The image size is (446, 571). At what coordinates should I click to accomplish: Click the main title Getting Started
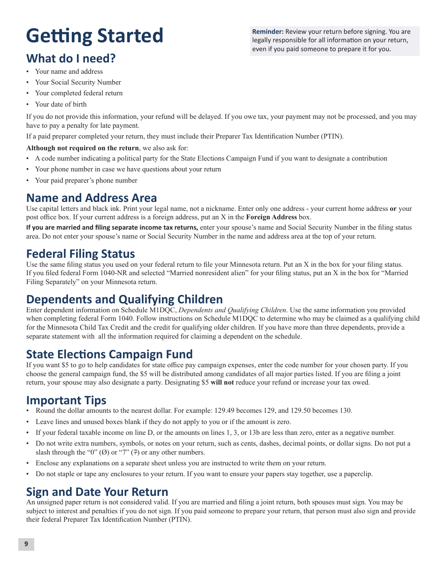click(95, 36)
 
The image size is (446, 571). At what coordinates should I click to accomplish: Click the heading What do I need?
click(71, 58)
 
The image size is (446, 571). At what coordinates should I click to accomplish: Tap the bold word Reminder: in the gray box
click(268, 31)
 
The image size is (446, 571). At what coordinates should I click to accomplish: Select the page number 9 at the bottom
click(26, 544)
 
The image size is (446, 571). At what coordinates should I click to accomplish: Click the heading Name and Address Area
click(92, 198)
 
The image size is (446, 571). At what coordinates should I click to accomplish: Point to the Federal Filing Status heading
click(81, 254)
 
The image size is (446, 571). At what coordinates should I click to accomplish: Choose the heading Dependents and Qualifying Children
click(124, 299)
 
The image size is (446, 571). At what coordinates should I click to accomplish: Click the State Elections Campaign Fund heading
click(109, 354)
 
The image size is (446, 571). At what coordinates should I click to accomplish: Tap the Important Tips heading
click(66, 400)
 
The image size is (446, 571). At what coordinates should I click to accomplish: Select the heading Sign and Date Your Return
click(97, 492)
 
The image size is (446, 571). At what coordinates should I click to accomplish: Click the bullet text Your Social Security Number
click(78, 82)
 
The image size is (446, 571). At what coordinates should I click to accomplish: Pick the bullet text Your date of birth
click(61, 104)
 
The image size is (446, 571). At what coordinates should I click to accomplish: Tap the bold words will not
click(222, 382)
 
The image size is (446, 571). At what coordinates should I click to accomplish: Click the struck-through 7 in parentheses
click(135, 452)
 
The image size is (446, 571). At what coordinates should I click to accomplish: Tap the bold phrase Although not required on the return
click(83, 148)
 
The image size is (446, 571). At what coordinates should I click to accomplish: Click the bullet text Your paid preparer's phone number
click(86, 180)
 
